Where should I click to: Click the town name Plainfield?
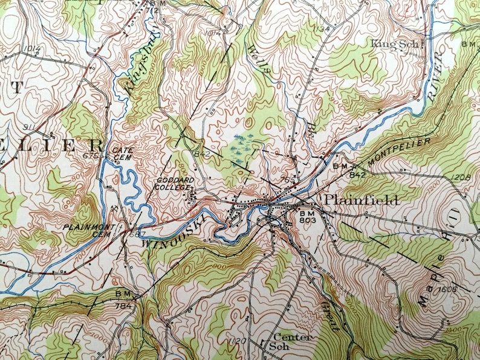click(x=361, y=201)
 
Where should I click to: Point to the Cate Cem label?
click(x=122, y=153)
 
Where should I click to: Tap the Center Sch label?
click(x=293, y=341)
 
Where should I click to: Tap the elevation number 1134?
click(x=322, y=28)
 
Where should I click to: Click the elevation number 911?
click(x=28, y=127)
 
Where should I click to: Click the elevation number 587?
click(x=138, y=234)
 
